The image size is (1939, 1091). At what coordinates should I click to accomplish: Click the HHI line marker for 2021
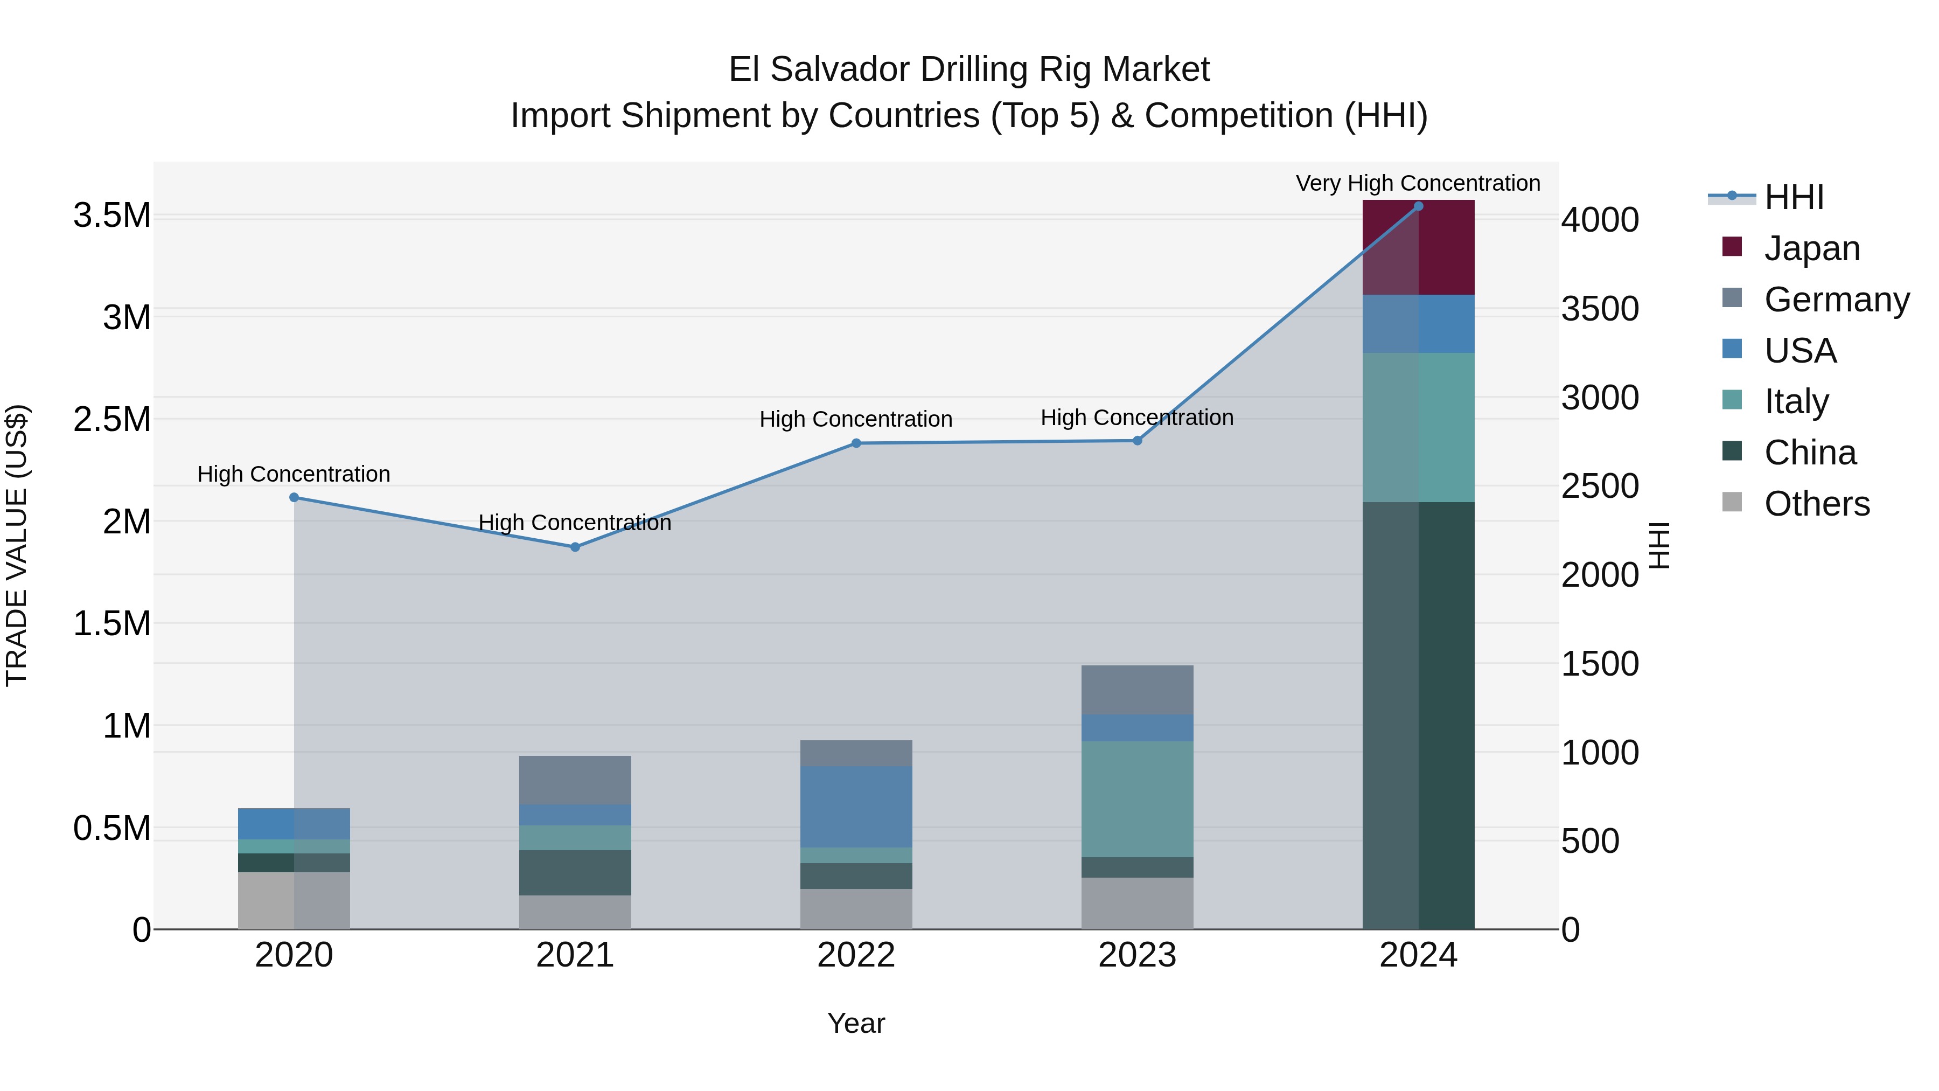pyautogui.click(x=575, y=547)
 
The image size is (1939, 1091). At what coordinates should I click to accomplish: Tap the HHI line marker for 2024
pyautogui.click(x=1418, y=206)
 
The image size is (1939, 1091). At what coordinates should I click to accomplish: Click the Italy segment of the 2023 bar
pyautogui.click(x=1138, y=799)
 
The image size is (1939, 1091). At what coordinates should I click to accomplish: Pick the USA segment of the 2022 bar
pyautogui.click(x=856, y=807)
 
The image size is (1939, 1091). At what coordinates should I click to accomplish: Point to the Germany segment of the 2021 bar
pyautogui.click(x=575, y=780)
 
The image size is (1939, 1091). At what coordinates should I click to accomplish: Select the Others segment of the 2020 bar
pyautogui.click(x=294, y=900)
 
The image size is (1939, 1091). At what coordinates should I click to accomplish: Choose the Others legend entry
pyautogui.click(x=1816, y=504)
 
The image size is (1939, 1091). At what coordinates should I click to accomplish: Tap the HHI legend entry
pyautogui.click(x=1793, y=197)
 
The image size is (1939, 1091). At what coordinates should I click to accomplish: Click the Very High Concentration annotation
pyautogui.click(x=1418, y=183)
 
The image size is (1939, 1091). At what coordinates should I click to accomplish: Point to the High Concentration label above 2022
pyautogui.click(x=856, y=419)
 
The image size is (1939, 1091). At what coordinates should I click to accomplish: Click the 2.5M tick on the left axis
pyautogui.click(x=111, y=419)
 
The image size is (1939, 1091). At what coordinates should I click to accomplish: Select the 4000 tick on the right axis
pyautogui.click(x=1600, y=220)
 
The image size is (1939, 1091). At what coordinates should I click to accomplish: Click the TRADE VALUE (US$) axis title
pyautogui.click(x=17, y=545)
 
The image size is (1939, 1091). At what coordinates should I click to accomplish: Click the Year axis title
pyautogui.click(x=856, y=1023)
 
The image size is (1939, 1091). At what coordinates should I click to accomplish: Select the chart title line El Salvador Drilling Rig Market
pyautogui.click(x=969, y=70)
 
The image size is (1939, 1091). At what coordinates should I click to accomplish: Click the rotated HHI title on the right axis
pyautogui.click(x=1659, y=545)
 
